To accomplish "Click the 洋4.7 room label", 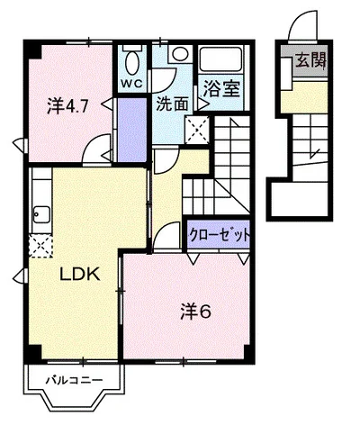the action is tap(67, 105).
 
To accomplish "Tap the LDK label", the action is tap(80, 274).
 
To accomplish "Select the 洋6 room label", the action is tap(196, 312).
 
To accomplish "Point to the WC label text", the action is tap(131, 83).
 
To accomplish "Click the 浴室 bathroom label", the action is tap(221, 88).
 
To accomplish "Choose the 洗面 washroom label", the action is tap(173, 104).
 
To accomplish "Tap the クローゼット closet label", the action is tap(220, 235).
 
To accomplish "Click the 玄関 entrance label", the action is tap(310, 60).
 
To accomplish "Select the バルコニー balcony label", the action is tap(74, 381).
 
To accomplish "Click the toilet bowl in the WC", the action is tap(132, 62).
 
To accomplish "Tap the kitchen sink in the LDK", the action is tap(41, 214).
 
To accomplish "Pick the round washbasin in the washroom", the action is tap(180, 54).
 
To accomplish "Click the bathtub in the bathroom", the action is tap(221, 59).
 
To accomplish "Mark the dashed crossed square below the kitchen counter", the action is tap(40, 246).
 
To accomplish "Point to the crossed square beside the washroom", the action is tap(197, 130).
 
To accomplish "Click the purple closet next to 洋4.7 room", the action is tap(131, 130).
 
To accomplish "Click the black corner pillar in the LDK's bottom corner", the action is tap(32, 353).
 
